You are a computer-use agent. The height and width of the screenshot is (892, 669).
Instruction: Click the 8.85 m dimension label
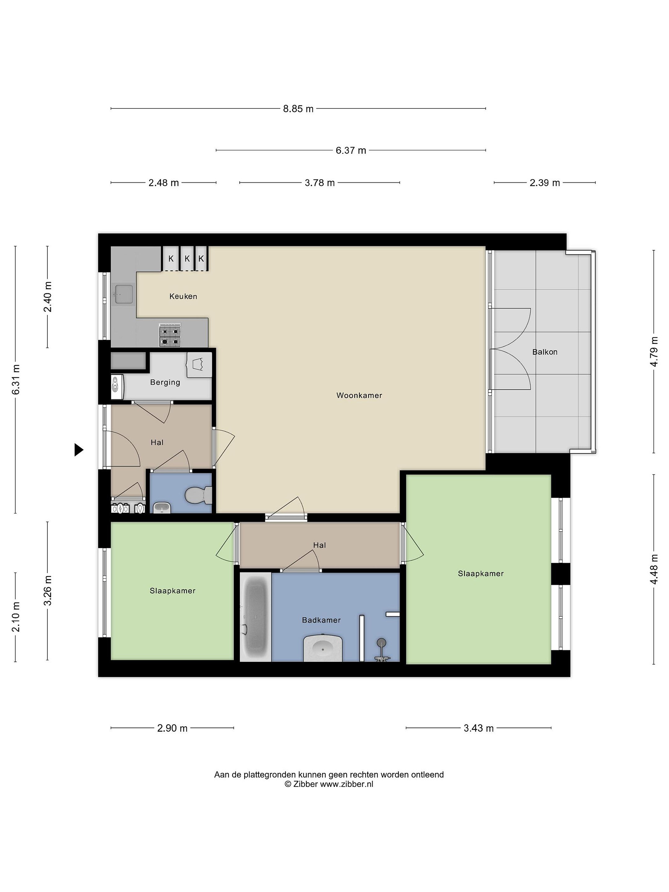[x=298, y=109]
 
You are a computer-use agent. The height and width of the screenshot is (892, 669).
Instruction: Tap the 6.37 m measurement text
[x=351, y=151]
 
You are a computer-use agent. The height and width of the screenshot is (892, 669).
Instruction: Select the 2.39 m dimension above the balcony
[x=545, y=183]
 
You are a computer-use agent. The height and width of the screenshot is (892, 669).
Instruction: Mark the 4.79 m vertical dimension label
[x=654, y=351]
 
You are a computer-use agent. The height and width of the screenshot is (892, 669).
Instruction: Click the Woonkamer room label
[x=359, y=396]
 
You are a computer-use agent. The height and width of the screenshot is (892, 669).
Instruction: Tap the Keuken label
[x=183, y=296]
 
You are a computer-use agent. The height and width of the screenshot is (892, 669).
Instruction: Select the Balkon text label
[x=545, y=352]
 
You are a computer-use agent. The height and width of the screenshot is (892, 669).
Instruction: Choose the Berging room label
[x=165, y=382]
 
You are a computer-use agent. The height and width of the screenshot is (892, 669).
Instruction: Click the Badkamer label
[x=321, y=620]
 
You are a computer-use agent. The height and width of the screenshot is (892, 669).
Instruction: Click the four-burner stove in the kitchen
[x=170, y=335]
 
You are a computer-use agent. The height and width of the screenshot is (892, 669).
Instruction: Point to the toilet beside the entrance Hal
[x=199, y=496]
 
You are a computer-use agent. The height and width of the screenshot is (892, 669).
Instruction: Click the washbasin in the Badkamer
[x=323, y=649]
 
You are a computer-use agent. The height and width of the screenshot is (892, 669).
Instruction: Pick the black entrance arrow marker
[x=79, y=450]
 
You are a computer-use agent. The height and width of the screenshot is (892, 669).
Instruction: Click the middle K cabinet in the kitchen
[x=187, y=259]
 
